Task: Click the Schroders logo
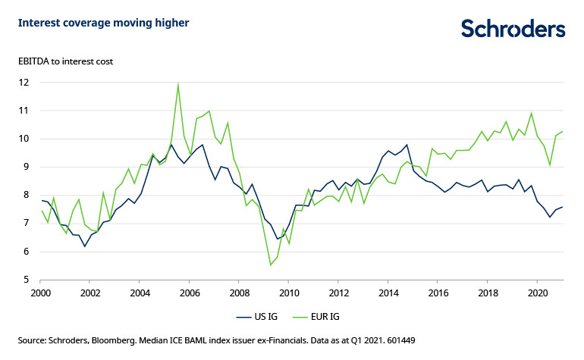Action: coord(513,29)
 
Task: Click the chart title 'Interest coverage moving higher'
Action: coord(104,23)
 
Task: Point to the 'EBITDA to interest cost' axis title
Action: coord(65,61)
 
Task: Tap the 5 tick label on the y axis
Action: coord(26,280)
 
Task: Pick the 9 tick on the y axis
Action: coord(26,167)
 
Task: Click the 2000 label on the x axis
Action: coord(41,292)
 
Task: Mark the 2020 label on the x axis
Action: coord(537,292)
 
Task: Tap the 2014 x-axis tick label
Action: coord(388,292)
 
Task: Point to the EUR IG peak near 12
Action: coord(177,84)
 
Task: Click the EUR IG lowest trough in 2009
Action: coord(271,265)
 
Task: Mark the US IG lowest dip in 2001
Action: coord(85,246)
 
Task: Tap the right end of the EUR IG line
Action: coord(562,131)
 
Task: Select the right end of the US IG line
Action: coord(562,206)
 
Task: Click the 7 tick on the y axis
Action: coord(26,223)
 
